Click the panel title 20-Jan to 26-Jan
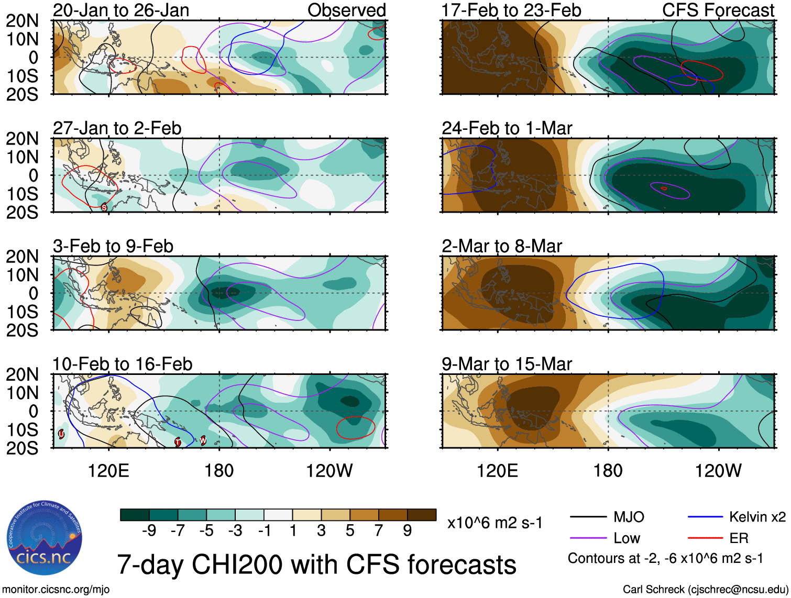click(121, 10)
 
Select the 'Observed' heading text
click(346, 10)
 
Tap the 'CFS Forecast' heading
click(718, 10)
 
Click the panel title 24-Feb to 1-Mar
click(507, 128)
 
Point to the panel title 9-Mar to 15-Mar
click(507, 364)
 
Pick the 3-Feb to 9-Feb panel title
click(113, 246)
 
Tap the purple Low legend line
click(588, 538)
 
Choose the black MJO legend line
click(588, 517)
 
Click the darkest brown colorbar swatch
click(422, 515)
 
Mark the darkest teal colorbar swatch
click(135, 515)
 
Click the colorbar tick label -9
click(149, 531)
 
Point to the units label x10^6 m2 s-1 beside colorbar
click(495, 523)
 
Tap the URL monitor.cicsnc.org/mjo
click(56, 590)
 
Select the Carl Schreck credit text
click(705, 590)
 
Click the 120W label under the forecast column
click(718, 471)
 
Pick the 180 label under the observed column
click(219, 471)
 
